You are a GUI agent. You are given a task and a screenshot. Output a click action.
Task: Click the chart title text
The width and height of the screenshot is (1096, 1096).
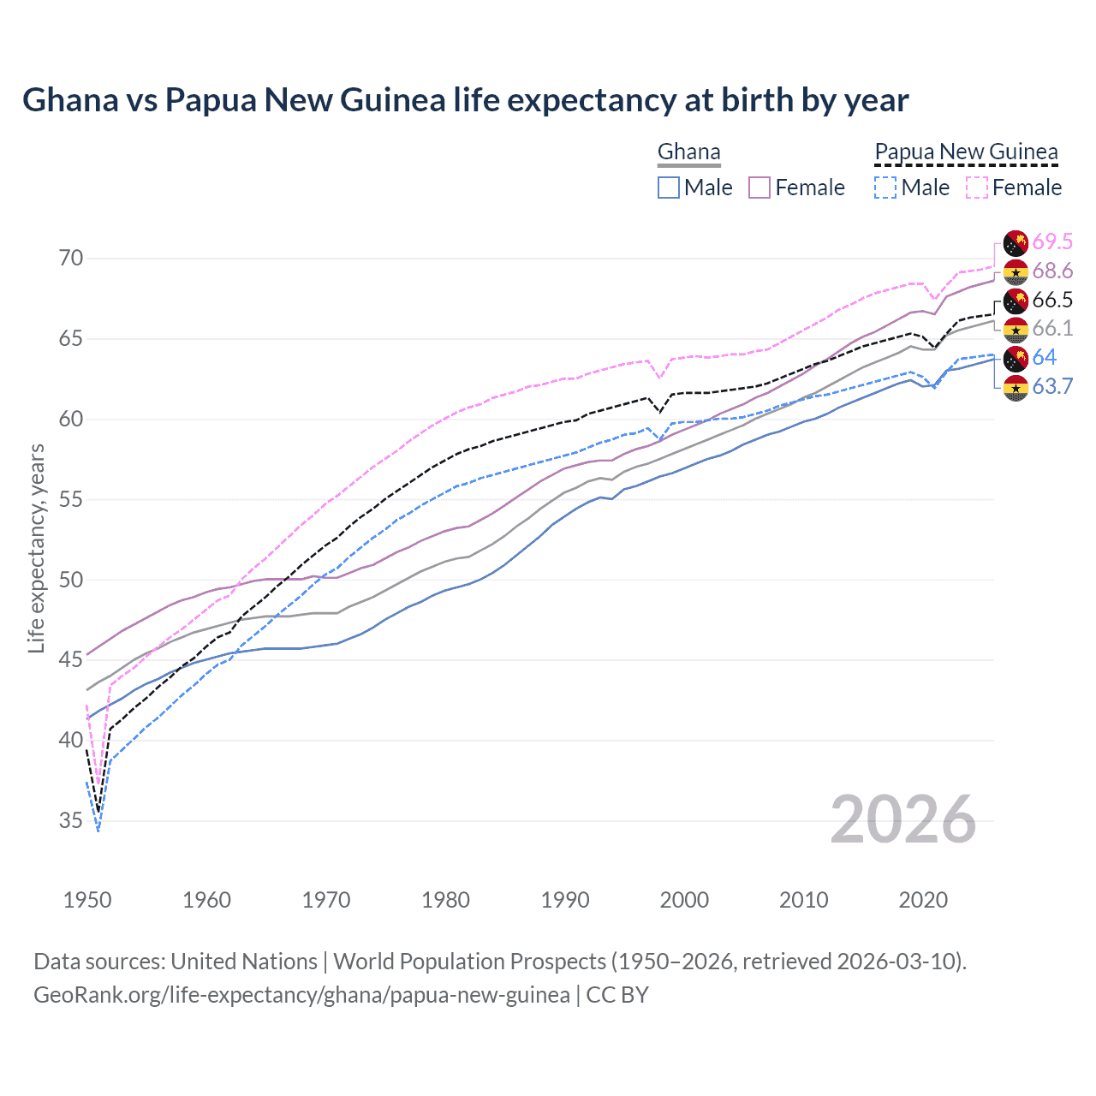465,100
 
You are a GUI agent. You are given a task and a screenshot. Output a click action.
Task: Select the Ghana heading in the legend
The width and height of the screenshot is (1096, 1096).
688,152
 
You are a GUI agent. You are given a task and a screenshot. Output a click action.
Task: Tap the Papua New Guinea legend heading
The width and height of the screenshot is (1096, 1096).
966,152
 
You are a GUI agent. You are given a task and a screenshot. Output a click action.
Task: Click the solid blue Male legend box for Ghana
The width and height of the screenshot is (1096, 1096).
669,188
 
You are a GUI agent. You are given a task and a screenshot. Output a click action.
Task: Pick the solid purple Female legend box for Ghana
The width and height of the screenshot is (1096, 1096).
759,188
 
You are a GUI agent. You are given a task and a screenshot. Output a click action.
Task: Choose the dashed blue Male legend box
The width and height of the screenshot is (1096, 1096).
885,188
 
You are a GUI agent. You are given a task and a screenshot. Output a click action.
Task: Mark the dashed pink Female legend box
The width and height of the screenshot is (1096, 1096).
976,188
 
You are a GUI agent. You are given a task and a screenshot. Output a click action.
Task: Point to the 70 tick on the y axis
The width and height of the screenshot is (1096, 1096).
71,259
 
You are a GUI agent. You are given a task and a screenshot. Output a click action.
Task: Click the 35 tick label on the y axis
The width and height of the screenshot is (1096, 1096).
71,821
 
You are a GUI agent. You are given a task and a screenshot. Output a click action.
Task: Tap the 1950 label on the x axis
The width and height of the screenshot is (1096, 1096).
87,900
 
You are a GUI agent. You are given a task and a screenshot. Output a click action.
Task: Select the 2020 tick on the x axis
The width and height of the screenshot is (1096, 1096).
923,900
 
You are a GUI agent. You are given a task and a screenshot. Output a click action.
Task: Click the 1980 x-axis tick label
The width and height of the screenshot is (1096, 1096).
445,900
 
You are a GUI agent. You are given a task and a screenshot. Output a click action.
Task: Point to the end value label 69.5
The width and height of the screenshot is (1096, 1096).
1052,242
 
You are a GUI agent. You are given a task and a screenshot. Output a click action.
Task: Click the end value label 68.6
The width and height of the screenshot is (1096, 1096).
1052,271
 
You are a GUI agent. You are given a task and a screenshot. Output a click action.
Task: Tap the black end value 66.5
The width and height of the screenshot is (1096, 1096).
1052,300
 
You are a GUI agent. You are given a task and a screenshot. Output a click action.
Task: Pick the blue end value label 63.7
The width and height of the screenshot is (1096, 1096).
1052,386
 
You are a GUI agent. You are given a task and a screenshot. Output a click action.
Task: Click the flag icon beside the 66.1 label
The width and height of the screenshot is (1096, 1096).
1016,329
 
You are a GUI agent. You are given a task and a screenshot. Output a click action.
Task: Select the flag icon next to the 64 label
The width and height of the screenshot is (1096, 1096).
1016,358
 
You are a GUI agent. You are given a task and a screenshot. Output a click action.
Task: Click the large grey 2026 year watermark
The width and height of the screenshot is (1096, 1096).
902,819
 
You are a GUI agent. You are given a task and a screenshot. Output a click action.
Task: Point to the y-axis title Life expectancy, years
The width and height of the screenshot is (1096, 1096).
36,548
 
